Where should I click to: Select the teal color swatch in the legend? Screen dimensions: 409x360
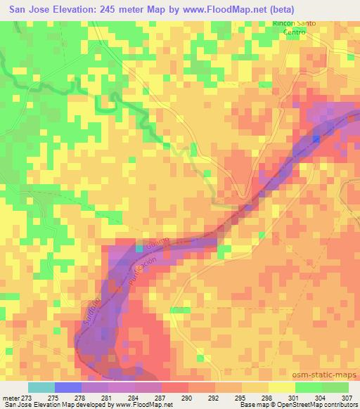click(41, 387)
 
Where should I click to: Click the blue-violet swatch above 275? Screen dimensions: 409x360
click(67, 387)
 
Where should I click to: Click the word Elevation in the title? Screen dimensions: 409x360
click(67, 9)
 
